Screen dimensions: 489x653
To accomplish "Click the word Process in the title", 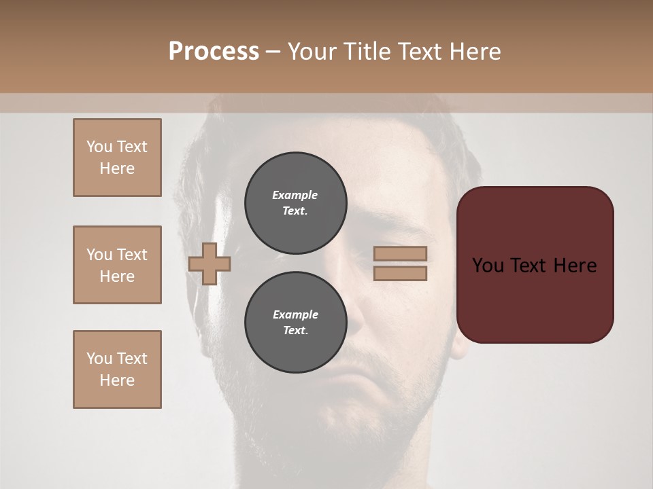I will point(214,51).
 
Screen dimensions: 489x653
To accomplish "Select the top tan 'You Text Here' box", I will point(117,158).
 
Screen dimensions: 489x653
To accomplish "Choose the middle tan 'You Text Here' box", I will point(117,265).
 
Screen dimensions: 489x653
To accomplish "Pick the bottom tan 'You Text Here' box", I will point(117,369).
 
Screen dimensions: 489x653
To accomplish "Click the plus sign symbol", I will point(210,264).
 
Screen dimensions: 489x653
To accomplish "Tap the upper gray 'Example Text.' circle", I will point(295,202).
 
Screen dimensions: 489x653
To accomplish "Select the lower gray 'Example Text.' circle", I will point(295,322).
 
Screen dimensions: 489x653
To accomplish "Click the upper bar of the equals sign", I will point(400,253).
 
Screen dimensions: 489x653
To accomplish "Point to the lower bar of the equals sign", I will point(400,273).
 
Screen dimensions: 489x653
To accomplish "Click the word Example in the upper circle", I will point(295,195).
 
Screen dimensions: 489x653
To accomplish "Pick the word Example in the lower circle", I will point(295,314).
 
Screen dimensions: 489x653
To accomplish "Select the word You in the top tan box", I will point(99,147).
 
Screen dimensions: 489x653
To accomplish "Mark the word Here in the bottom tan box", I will point(117,380).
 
